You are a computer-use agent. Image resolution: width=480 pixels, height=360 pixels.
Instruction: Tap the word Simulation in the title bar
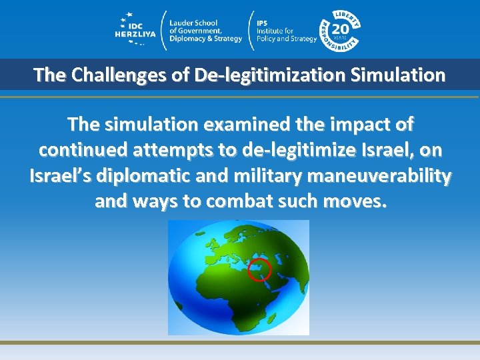point(402,75)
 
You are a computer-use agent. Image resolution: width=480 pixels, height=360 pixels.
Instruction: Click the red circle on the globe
point(259,270)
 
